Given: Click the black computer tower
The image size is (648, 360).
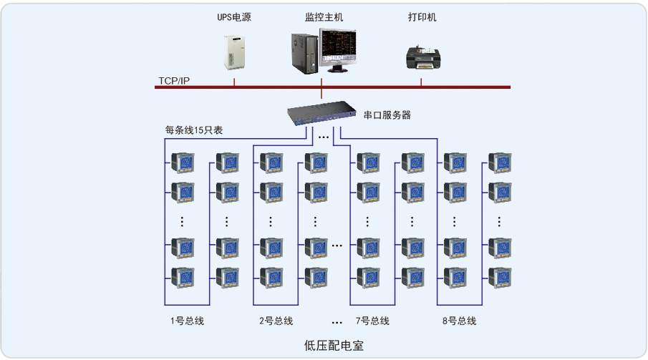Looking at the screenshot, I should pyautogui.click(x=304, y=52).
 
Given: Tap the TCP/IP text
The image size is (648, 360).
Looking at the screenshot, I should pyautogui.click(x=174, y=81).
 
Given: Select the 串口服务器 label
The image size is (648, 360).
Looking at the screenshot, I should pyautogui.click(x=387, y=115).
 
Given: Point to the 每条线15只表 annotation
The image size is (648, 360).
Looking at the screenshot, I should pyautogui.click(x=193, y=130).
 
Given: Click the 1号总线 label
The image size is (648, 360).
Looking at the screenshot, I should pyautogui.click(x=187, y=321).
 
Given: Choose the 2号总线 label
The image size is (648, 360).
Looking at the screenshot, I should pyautogui.click(x=276, y=321).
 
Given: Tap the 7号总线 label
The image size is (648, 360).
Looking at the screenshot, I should pyautogui.click(x=372, y=321).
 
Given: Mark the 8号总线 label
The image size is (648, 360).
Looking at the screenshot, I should pyautogui.click(x=459, y=321).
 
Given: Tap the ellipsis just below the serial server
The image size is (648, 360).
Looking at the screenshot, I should pyautogui.click(x=324, y=137).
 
